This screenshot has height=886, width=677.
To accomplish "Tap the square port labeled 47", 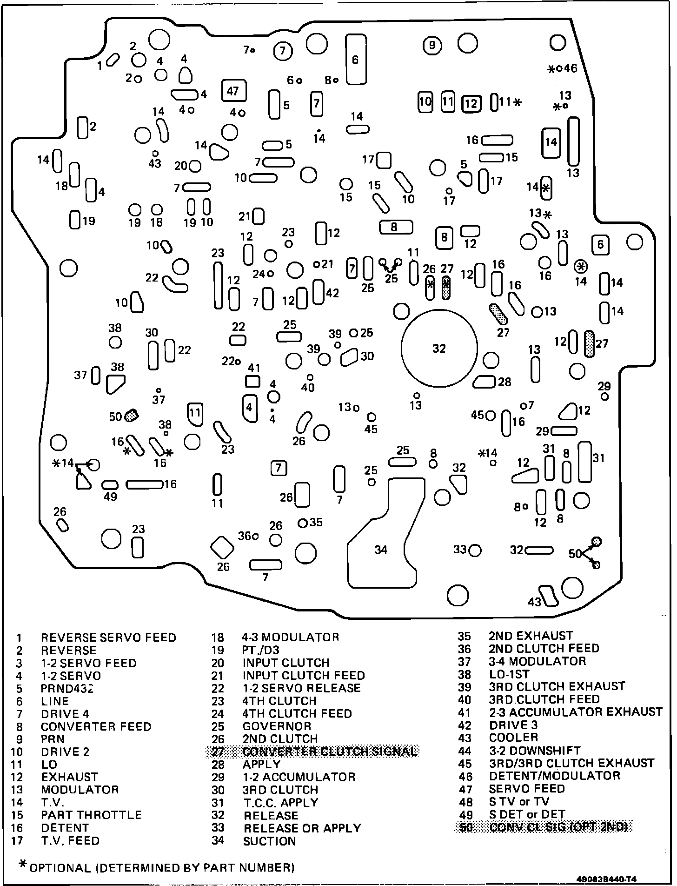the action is click(x=233, y=91).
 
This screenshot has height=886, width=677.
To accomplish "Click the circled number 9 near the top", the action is click(x=432, y=45).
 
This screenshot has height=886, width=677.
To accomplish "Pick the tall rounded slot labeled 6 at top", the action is click(x=356, y=59).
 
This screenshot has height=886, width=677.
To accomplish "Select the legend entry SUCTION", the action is click(x=269, y=841).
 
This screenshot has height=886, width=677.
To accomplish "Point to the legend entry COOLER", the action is click(x=513, y=738).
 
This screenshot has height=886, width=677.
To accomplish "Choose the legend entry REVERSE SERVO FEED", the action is click(x=108, y=638).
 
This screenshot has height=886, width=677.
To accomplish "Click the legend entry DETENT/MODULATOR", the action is click(x=554, y=776).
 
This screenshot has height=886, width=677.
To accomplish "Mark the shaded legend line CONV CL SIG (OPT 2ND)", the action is click(x=558, y=827).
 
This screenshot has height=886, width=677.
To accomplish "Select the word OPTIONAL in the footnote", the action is click(x=60, y=867).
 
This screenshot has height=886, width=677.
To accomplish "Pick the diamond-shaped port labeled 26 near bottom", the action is click(x=223, y=548).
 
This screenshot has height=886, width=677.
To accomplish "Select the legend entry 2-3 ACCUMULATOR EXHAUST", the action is click(x=575, y=712).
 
